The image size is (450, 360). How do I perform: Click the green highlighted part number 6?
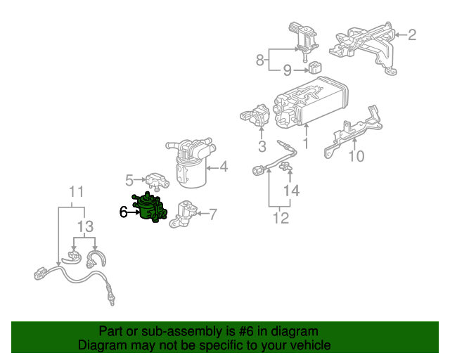coord(149,209)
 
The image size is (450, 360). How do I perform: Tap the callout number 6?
coord(124,212)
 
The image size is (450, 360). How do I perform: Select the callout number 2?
coord(412,34)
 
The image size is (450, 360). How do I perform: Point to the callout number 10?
coord(357,155)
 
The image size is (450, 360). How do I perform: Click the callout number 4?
coord(224,167)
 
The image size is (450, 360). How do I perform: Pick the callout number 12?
coord(280,218)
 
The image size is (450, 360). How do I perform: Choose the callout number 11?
coord(76,191)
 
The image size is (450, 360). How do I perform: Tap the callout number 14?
coord(291,191)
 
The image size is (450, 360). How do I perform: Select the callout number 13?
coord(85,226)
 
